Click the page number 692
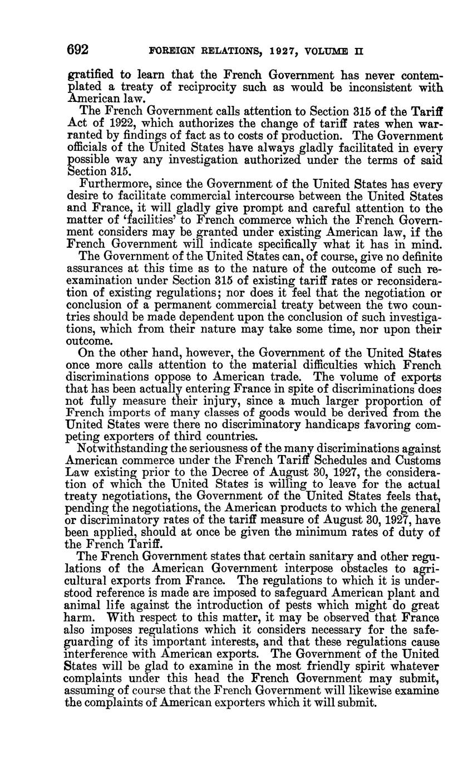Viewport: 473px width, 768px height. click(x=78, y=50)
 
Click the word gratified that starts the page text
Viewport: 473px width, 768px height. click(x=93, y=75)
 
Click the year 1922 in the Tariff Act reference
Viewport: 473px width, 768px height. click(x=120, y=124)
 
